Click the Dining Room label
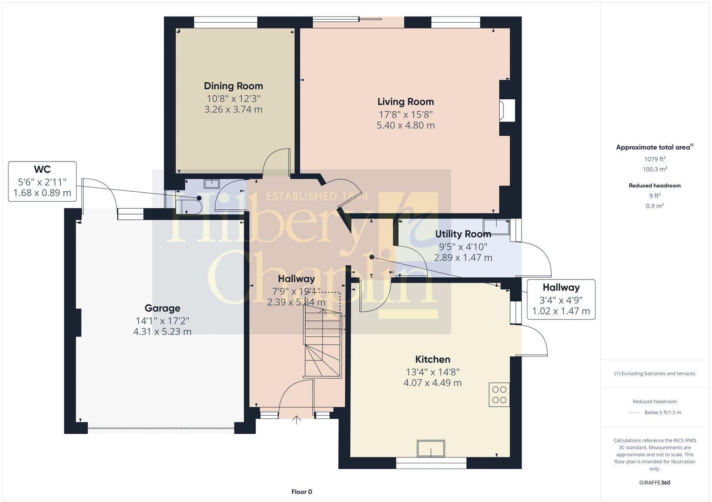233,86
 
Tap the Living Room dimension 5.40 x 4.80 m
405,125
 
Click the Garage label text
162,308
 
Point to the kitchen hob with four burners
499,394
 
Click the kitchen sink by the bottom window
431,448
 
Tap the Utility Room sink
496,226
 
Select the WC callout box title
42,169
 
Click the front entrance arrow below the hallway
296,420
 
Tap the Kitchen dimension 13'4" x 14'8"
433,372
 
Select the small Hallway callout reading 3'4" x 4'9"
561,300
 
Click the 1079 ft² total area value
655,159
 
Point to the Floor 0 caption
302,492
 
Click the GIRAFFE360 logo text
655,482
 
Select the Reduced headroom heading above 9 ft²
655,186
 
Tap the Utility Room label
463,234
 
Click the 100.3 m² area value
655,169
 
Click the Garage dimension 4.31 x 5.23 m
162,332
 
